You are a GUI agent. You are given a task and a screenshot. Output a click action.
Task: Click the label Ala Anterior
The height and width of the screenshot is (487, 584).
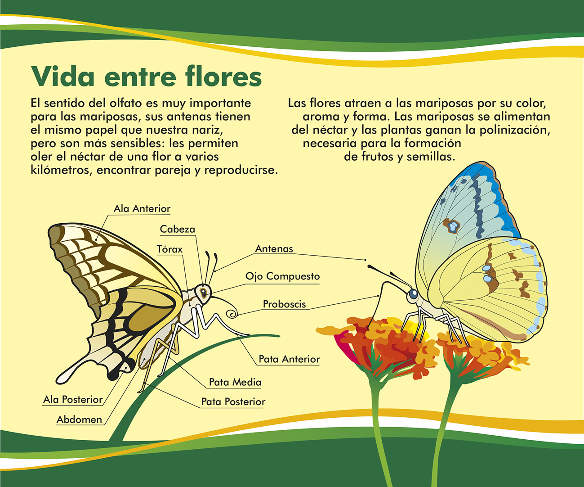tap(142, 209)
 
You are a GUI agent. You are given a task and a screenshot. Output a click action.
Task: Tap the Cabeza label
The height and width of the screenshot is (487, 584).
tap(177, 230)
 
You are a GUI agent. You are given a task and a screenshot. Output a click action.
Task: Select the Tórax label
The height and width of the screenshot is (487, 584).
tap(169, 249)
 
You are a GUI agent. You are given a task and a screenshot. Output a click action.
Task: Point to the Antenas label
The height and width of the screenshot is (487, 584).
tap(274, 249)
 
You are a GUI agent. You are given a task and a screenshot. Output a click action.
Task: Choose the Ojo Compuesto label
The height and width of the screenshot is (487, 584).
tap(282, 276)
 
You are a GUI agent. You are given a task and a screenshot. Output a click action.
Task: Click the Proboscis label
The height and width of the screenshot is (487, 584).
tap(285, 304)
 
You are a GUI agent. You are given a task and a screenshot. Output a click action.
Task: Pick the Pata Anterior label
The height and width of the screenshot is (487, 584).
tap(289, 359)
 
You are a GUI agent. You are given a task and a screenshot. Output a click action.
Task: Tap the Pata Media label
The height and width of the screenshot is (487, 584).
tap(235, 382)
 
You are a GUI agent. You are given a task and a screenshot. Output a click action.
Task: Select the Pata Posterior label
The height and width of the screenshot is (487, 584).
tap(233, 401)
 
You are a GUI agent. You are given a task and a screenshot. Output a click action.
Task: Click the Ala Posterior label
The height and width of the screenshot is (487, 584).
tap(73, 399)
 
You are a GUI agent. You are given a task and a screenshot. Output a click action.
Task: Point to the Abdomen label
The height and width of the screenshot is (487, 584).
tap(79, 419)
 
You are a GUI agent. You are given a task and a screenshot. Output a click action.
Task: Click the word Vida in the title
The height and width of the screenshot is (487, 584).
tap(62, 77)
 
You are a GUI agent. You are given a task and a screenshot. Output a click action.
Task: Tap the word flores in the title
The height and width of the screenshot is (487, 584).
tap(223, 76)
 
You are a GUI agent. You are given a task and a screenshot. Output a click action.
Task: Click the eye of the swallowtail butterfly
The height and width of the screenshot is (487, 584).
tap(203, 293)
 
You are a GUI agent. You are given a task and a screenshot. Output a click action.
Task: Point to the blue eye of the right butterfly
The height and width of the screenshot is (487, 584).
tap(413, 294)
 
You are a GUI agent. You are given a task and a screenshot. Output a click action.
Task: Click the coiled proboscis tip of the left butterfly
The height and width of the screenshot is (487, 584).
tap(233, 314)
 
